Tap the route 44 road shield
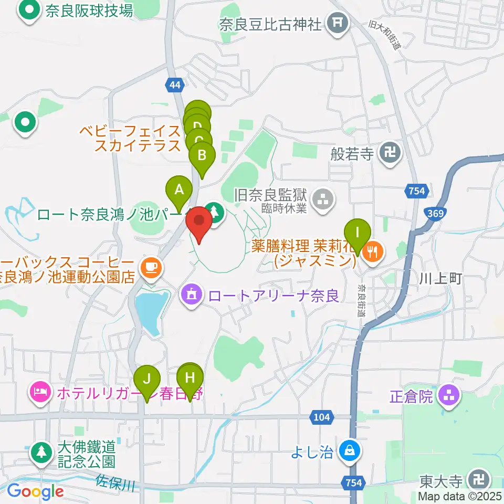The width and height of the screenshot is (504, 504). click(x=175, y=85)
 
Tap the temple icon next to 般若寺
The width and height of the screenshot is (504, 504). click(x=391, y=153)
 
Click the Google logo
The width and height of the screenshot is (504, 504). click(x=35, y=491)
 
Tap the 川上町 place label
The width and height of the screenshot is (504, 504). click(x=440, y=278)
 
